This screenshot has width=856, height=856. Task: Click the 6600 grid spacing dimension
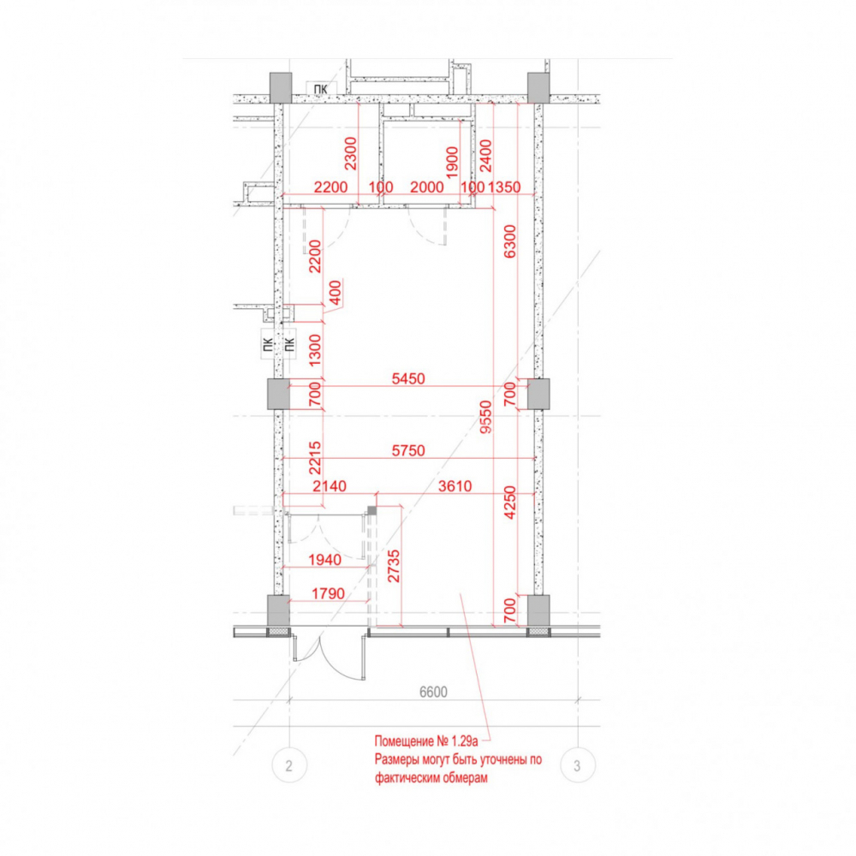point(433,692)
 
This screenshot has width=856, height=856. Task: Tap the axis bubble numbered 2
point(288,765)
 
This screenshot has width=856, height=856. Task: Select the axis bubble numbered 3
point(578,765)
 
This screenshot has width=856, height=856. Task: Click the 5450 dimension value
point(408,378)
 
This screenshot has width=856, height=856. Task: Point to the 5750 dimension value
point(408,450)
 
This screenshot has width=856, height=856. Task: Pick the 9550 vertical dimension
point(485,417)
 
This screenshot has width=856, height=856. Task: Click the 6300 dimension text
point(509,241)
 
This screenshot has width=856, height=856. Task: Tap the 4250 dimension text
point(509,502)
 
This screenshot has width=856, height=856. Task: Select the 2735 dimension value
point(394,566)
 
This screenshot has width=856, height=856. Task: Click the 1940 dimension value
point(324,560)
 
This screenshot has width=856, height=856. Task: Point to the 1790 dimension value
point(328,593)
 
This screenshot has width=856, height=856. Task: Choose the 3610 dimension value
point(455,486)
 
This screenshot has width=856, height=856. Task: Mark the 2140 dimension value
point(330,486)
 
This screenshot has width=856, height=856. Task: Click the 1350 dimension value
point(504,187)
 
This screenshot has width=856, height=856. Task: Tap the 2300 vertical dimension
point(350,153)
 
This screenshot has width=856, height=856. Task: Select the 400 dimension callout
point(336,293)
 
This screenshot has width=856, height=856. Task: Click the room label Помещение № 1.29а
point(425,740)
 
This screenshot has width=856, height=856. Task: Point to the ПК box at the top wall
point(321,89)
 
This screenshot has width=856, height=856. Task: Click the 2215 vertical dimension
point(315,458)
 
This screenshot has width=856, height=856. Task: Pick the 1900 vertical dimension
point(452,162)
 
